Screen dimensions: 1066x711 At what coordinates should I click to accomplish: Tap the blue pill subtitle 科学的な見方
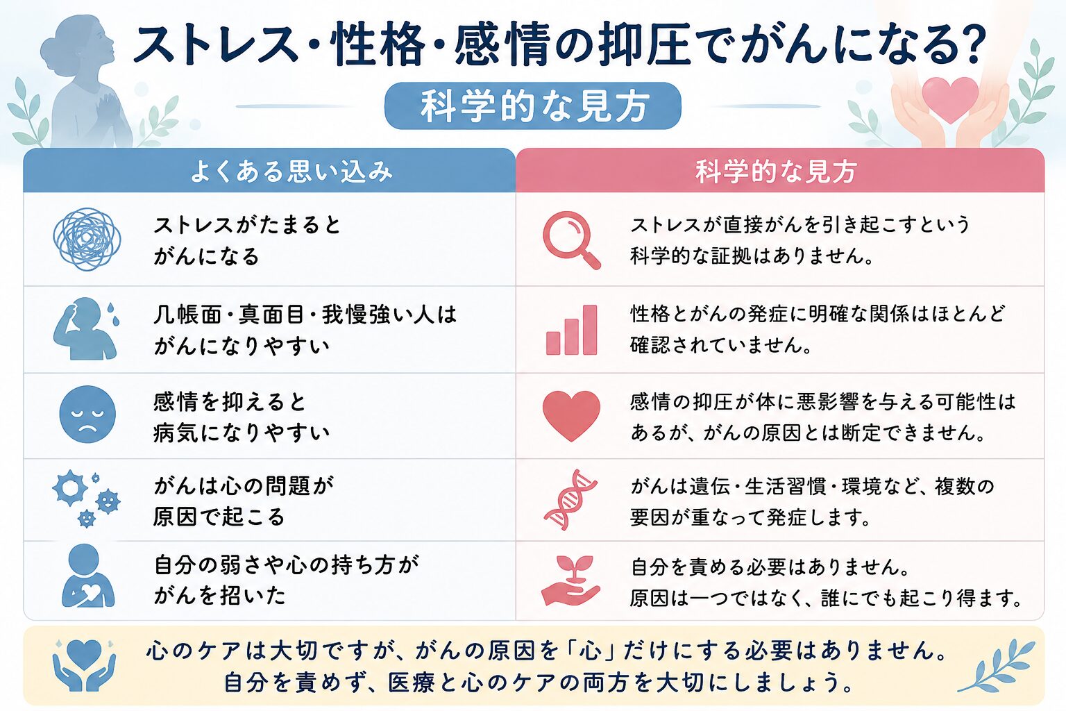[532, 106]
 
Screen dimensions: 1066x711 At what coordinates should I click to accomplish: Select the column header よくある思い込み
[291, 171]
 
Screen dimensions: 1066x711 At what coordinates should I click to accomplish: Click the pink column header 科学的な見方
[776, 171]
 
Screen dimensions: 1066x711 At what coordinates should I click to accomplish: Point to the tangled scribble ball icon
[87, 239]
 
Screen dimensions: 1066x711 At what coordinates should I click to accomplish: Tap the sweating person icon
[86, 328]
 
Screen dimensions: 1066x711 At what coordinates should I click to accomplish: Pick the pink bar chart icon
[572, 330]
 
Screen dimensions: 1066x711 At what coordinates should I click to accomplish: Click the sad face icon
[87, 415]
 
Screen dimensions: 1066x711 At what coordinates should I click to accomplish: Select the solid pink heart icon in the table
[571, 415]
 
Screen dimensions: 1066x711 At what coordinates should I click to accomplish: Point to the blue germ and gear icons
[86, 499]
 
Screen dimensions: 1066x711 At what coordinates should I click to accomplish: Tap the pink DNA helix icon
[570, 499]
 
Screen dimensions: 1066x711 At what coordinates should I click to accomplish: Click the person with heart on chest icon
[87, 576]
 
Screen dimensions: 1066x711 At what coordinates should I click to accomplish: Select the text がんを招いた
[220, 596]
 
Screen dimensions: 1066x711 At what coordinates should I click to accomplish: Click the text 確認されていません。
[721, 345]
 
